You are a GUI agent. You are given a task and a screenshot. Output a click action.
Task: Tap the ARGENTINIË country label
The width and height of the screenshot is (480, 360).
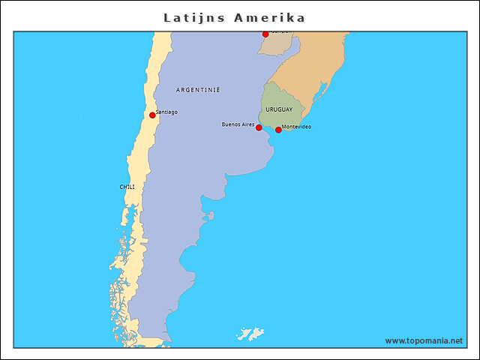198,90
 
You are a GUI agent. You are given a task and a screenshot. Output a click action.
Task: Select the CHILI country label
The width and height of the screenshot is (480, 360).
127,187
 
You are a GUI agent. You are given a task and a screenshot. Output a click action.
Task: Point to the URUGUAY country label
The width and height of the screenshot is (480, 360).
279,109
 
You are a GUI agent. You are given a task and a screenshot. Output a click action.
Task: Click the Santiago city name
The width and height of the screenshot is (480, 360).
166,112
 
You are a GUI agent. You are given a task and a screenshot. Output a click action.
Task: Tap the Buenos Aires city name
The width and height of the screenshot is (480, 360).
238,124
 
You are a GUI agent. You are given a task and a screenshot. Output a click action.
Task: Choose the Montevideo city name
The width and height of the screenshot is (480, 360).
296,127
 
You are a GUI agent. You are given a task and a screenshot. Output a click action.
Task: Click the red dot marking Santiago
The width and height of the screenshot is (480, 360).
152,115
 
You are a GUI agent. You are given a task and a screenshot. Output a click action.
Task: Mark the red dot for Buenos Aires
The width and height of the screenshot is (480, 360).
259,127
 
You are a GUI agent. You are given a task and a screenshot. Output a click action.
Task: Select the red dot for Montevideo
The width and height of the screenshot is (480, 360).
278,130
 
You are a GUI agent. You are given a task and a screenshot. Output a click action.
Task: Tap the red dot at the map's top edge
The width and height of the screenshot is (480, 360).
265,34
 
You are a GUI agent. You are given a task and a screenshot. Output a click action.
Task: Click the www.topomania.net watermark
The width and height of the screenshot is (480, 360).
424,340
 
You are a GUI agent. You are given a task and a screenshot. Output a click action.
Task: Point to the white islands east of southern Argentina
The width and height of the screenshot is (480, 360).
250,332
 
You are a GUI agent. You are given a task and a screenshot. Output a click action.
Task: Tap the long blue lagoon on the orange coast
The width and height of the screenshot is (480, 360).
322,93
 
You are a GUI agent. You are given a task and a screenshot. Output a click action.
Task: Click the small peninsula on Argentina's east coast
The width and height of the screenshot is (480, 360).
210,216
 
